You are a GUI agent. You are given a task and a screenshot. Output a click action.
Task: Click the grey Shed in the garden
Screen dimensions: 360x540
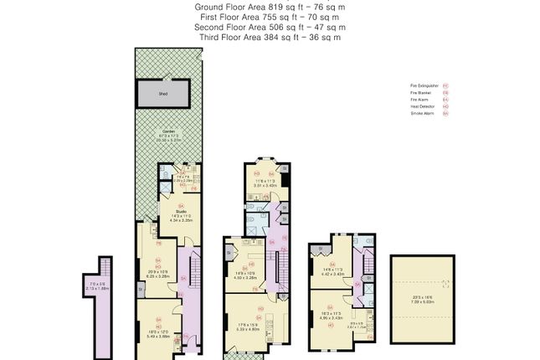tap(163, 93)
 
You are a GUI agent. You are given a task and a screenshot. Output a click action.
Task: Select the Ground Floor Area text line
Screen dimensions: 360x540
tap(270, 7)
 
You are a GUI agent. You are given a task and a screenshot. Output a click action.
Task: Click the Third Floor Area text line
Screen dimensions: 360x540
tap(270, 37)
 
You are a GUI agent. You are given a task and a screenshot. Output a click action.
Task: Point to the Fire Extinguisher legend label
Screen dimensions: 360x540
tap(421, 85)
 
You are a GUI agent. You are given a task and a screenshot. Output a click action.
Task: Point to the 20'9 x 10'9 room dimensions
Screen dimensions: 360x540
tap(158, 274)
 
